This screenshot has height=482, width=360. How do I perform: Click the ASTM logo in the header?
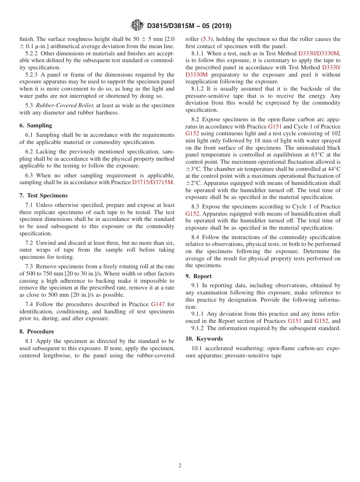click(x=137, y=25)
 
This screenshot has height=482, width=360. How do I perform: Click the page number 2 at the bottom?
click(x=180, y=466)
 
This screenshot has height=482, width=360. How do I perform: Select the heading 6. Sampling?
click(x=36, y=125)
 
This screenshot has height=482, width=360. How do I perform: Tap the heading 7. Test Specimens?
click(x=43, y=196)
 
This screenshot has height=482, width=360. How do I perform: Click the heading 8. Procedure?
click(x=37, y=332)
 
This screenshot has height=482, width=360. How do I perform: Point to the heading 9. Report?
click(x=199, y=276)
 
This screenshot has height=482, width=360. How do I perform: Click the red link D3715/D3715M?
click(x=153, y=182)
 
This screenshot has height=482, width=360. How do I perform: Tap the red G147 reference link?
click(x=157, y=304)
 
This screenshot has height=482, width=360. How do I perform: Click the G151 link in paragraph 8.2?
click(x=275, y=127)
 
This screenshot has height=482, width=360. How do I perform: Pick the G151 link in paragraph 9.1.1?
click(x=294, y=321)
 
